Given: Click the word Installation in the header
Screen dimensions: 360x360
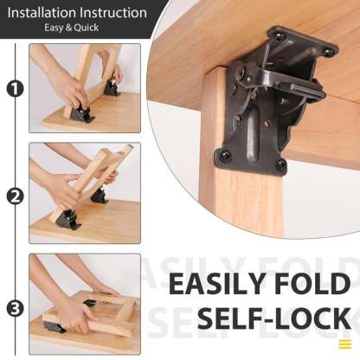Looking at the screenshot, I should click(x=42, y=13).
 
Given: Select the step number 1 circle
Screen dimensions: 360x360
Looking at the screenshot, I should click(x=14, y=88).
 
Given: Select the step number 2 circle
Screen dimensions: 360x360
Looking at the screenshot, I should click(x=14, y=196).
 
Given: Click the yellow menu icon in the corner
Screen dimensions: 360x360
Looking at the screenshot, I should click(x=344, y=344).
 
